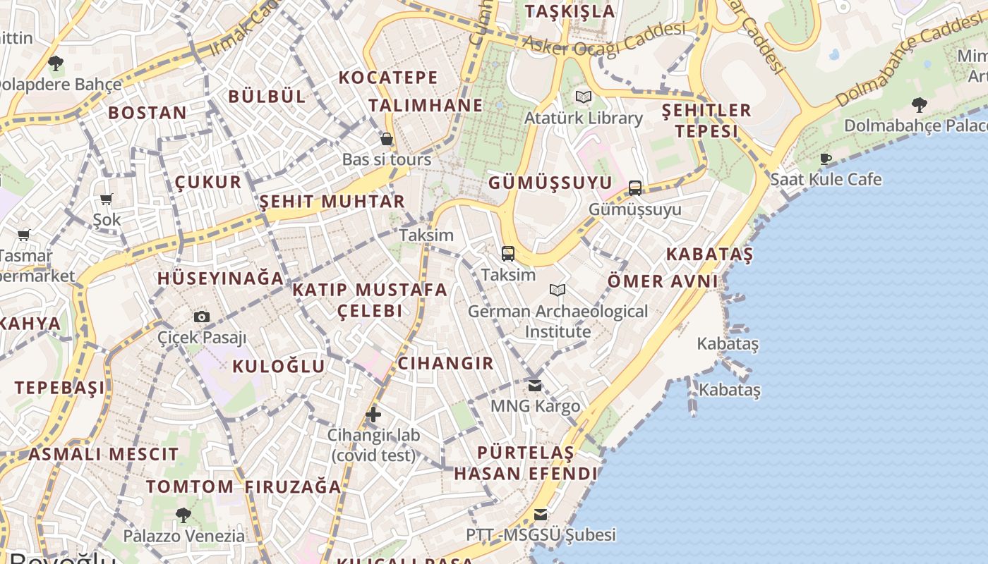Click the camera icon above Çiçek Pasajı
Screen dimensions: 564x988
[x=202, y=317]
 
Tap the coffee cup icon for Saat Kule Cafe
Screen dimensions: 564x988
[x=826, y=159]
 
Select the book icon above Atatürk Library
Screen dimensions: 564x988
[x=583, y=97]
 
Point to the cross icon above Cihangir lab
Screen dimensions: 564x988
[x=373, y=415]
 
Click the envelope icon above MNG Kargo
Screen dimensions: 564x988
[x=535, y=386]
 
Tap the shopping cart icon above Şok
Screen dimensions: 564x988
[x=107, y=200]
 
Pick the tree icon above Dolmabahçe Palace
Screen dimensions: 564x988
[x=919, y=105]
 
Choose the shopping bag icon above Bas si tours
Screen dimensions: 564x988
[x=386, y=138]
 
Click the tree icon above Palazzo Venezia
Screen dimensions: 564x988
[x=183, y=515]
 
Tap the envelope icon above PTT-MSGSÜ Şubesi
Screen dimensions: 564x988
[x=541, y=514]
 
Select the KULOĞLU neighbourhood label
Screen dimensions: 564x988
[x=279, y=366]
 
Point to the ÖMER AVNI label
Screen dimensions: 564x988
[x=663, y=281]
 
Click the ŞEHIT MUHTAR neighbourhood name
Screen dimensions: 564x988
[x=332, y=202]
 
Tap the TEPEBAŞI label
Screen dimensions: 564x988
[x=60, y=387]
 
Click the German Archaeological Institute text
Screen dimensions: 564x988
[x=558, y=321]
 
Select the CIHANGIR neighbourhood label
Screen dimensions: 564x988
[x=445, y=363]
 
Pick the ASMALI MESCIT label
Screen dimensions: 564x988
[x=104, y=454]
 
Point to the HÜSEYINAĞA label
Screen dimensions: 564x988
[x=220, y=278]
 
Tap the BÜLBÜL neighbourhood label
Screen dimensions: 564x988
[x=267, y=97]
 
